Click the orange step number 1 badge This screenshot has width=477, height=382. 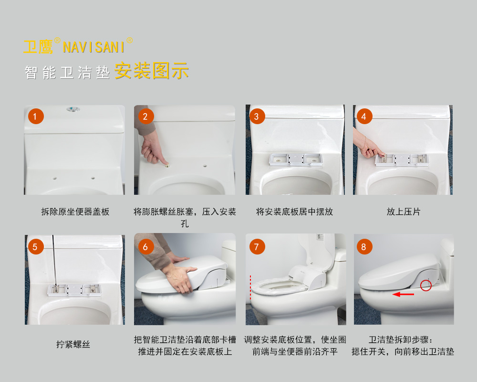click(36, 117)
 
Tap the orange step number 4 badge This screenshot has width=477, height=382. click(364, 117)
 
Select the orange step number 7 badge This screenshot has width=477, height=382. click(257, 247)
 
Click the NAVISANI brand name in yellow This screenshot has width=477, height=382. click(93, 47)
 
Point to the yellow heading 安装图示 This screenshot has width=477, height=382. click(152, 71)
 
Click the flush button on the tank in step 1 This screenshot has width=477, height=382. click(73, 109)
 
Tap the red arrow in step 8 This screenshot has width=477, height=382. click(403, 294)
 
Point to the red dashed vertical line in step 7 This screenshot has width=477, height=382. click(250, 287)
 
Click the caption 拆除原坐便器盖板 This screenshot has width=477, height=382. click(75, 212)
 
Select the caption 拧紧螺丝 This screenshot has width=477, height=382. click(73, 345)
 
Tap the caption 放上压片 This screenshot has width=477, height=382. click(404, 212)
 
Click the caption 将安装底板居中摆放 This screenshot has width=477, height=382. click(294, 212)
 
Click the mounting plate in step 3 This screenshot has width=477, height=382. click(295, 159)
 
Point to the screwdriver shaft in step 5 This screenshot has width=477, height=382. click(53, 260)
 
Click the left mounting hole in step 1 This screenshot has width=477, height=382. click(55, 178)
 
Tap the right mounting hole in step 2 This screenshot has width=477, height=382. click(205, 166)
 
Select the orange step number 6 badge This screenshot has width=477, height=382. click(145, 247)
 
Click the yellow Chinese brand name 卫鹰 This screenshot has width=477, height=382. click(38, 47)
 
